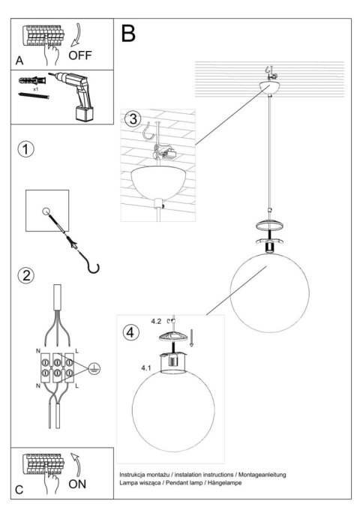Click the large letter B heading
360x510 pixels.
point(129,33)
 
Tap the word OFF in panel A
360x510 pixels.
point(82,55)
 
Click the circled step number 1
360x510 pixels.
point(26,148)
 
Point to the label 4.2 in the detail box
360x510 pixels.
point(156,321)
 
